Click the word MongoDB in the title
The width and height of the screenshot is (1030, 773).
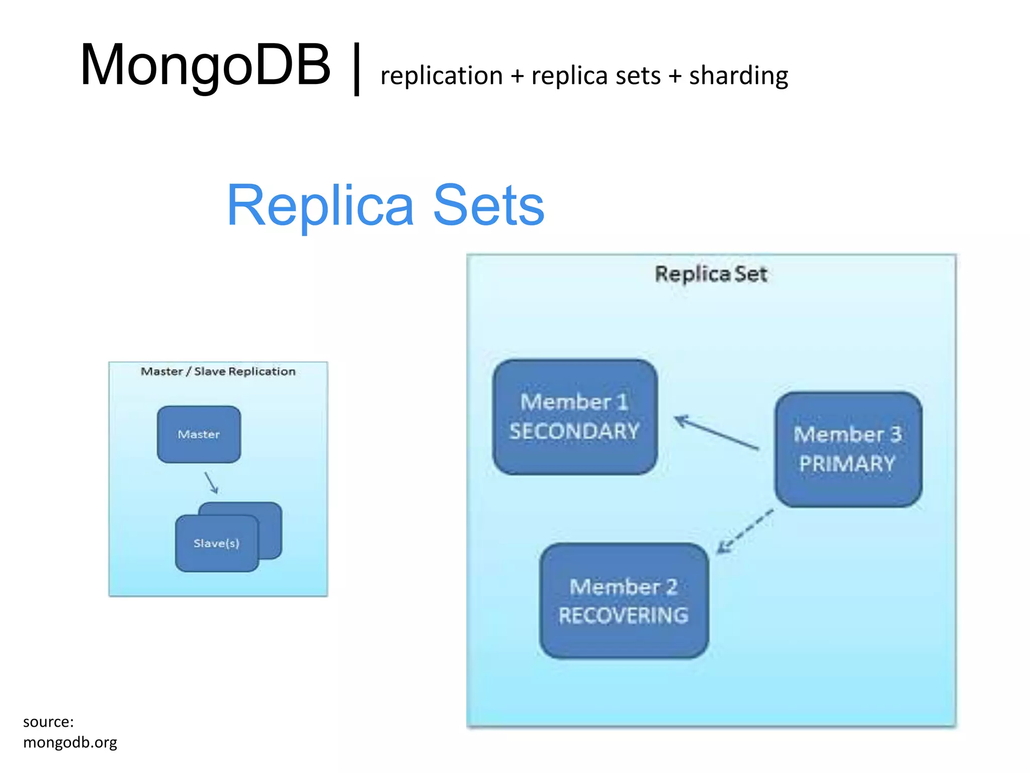coord(205,65)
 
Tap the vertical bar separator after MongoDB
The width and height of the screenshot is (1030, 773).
coord(357,69)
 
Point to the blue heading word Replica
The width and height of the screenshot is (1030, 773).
coord(320,206)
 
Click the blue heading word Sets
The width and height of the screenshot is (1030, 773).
coord(488,206)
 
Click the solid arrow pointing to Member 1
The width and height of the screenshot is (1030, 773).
coord(716,432)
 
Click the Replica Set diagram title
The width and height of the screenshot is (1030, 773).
coord(711,274)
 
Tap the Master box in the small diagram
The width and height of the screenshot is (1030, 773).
coord(199,434)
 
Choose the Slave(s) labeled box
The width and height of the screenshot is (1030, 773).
coord(217,544)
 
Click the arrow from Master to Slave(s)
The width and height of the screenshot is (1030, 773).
coord(211,483)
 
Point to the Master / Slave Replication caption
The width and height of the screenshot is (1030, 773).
coord(218,371)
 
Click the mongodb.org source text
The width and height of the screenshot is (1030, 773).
coord(70,742)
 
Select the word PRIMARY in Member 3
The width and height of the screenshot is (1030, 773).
coord(847,463)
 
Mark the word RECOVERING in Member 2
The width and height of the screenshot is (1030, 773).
coord(623,615)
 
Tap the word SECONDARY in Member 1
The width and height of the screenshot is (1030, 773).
coord(574,431)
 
